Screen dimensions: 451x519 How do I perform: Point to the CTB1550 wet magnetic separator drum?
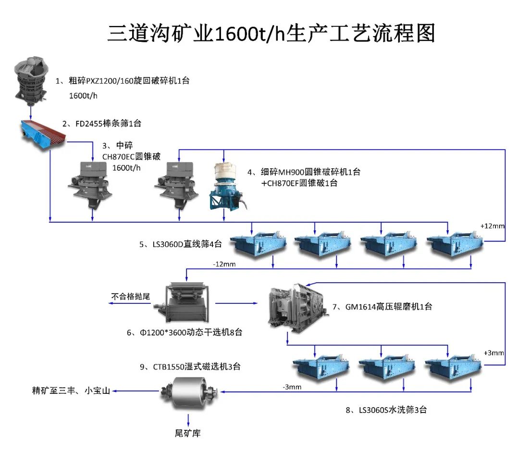pyautogui.click(x=188, y=392)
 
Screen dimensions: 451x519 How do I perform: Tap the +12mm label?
pyautogui.click(x=492, y=225)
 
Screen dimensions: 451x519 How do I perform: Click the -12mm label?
pyautogui.click(x=224, y=263)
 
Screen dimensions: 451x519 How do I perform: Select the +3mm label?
pyautogui.click(x=494, y=353)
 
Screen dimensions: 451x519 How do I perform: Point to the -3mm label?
pyautogui.click(x=292, y=387)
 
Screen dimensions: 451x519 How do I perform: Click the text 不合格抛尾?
pyautogui.click(x=131, y=297)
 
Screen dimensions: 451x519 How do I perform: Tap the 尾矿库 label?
pyautogui.click(x=187, y=433)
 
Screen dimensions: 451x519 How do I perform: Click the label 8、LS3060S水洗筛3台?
pyautogui.click(x=386, y=410)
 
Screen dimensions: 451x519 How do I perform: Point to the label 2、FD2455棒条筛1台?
pyautogui.click(x=101, y=124)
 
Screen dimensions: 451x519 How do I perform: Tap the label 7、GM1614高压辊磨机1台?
pyautogui.click(x=382, y=306)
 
